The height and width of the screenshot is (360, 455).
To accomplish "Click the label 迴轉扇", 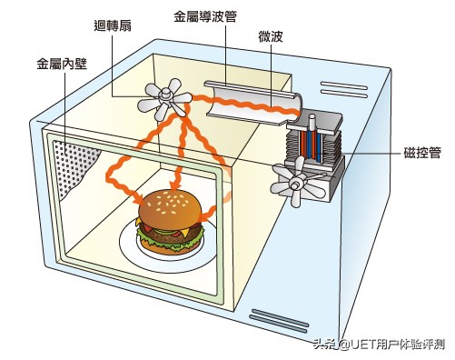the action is tap(113, 25).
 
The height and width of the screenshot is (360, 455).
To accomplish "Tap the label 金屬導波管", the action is tap(205, 16).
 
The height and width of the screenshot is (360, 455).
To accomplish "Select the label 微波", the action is tap(271, 36).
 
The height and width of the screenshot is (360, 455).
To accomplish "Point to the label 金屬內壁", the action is tap(62, 64).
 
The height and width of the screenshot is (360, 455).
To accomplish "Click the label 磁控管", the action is tap(422, 153).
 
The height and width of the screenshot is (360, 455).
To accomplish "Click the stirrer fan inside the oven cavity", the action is tap(165, 98).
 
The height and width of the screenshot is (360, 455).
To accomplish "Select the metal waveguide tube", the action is tap(252, 103).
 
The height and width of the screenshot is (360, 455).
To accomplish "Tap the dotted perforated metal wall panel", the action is tap(74, 165).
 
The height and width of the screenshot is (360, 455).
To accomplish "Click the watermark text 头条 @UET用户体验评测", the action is tap(380, 345).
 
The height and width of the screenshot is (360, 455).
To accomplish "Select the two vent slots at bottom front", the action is tap(279, 321).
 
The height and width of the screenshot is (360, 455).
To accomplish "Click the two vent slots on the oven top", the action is tap(344, 89).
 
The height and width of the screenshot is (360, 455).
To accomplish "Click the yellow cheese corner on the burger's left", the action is tap(138, 223).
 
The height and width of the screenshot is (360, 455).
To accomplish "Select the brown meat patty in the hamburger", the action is tap(171, 235).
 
